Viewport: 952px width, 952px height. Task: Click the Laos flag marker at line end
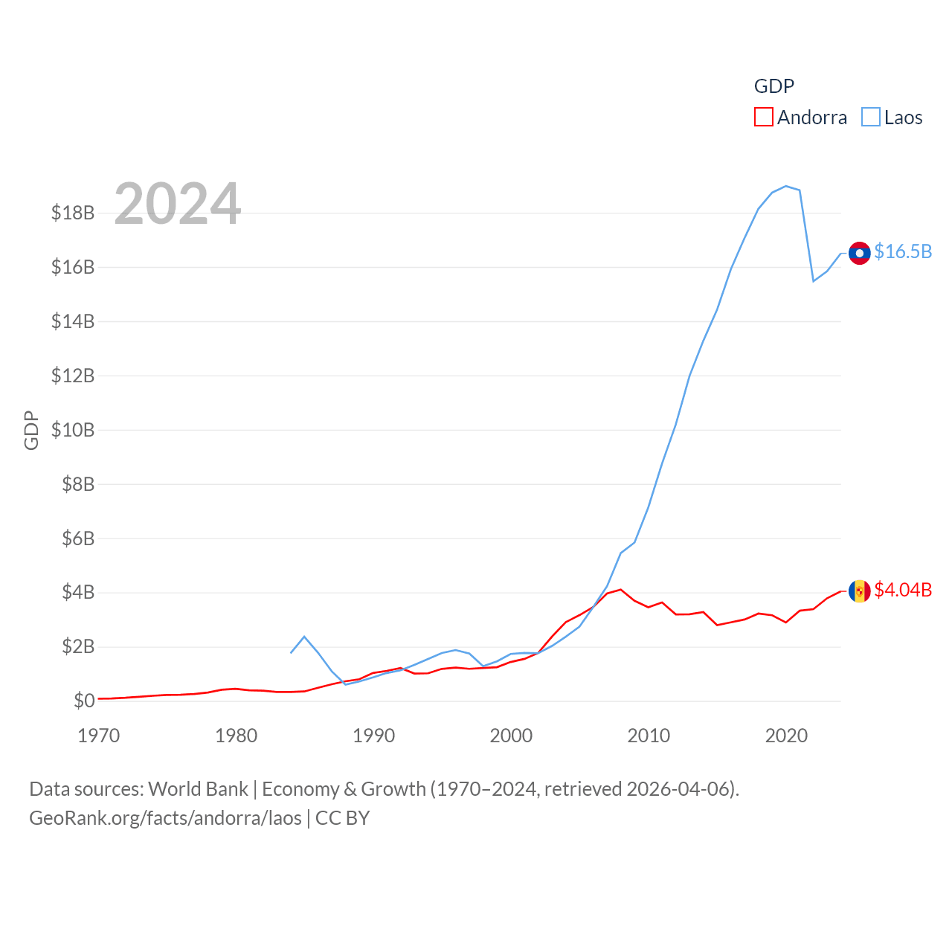click(x=859, y=253)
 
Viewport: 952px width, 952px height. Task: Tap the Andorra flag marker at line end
click(x=859, y=591)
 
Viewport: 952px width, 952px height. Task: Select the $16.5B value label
click(x=903, y=251)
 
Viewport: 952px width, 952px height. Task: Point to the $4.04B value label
click(x=903, y=590)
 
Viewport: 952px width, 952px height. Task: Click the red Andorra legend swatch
click(x=763, y=118)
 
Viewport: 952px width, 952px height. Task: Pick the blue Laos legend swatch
click(x=870, y=118)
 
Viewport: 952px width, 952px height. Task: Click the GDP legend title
click(x=773, y=86)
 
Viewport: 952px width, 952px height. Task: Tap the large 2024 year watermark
click(x=177, y=203)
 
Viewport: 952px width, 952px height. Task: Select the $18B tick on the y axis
click(x=73, y=213)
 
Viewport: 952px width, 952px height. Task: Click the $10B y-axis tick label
click(x=73, y=430)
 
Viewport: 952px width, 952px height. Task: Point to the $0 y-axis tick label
click(x=84, y=701)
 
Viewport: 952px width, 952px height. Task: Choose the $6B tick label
click(x=78, y=538)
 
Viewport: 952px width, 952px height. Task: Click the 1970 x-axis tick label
click(x=99, y=736)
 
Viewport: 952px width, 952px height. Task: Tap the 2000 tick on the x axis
click(x=511, y=736)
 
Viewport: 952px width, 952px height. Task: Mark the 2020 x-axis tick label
click(x=786, y=736)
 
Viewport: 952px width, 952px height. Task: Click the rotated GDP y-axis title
click(x=31, y=430)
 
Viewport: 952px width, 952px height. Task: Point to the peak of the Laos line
click(x=786, y=186)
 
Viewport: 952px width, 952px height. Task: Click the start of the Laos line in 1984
click(x=291, y=652)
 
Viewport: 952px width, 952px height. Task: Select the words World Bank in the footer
click(x=198, y=789)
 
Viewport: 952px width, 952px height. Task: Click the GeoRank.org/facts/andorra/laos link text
click(x=165, y=818)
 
